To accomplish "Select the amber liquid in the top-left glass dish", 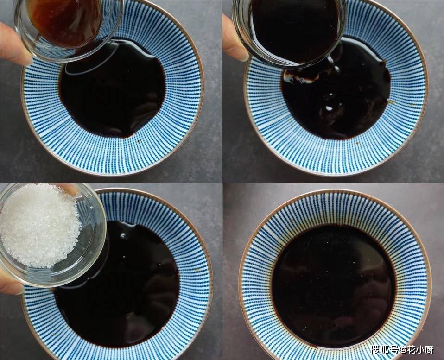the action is coord(65,21).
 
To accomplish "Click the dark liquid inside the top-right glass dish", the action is coord(294,28).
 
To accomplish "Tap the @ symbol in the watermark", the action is coord(402,350).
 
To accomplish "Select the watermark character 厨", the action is coord(429,350).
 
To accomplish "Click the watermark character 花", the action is coord(412,350).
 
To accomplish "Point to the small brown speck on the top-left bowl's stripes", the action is coord(139,141).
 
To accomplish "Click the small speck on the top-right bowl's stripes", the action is coord(357,143).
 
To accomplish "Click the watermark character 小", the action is coord(420,350).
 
